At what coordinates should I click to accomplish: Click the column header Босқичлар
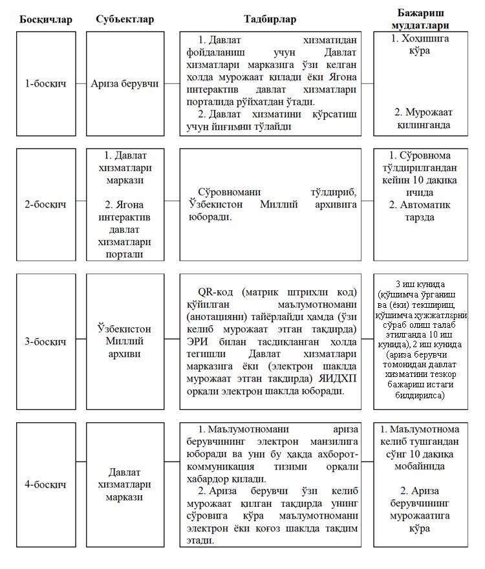[45, 19]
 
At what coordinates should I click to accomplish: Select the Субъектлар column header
[125, 19]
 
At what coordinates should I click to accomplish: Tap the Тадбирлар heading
[270, 19]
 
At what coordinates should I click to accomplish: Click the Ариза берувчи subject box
[125, 84]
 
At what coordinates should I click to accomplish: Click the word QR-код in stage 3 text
[218, 292]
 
